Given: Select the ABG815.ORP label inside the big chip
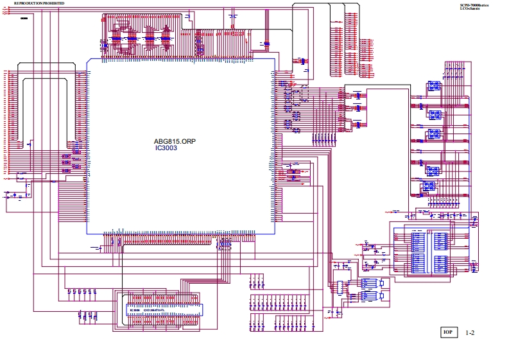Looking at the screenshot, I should (175, 141).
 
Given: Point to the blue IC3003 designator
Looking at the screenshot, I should (166, 148).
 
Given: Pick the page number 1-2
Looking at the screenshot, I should (470, 333).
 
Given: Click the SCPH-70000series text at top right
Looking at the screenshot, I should (474, 4).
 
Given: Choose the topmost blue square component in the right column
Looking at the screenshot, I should (434, 85).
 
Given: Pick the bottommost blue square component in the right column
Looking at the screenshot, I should (427, 187).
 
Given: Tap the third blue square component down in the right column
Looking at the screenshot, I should (434, 135).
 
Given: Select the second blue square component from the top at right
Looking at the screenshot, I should (434, 115).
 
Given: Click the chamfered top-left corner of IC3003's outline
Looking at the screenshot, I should (89, 61).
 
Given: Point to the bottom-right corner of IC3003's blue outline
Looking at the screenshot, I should (274, 232).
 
